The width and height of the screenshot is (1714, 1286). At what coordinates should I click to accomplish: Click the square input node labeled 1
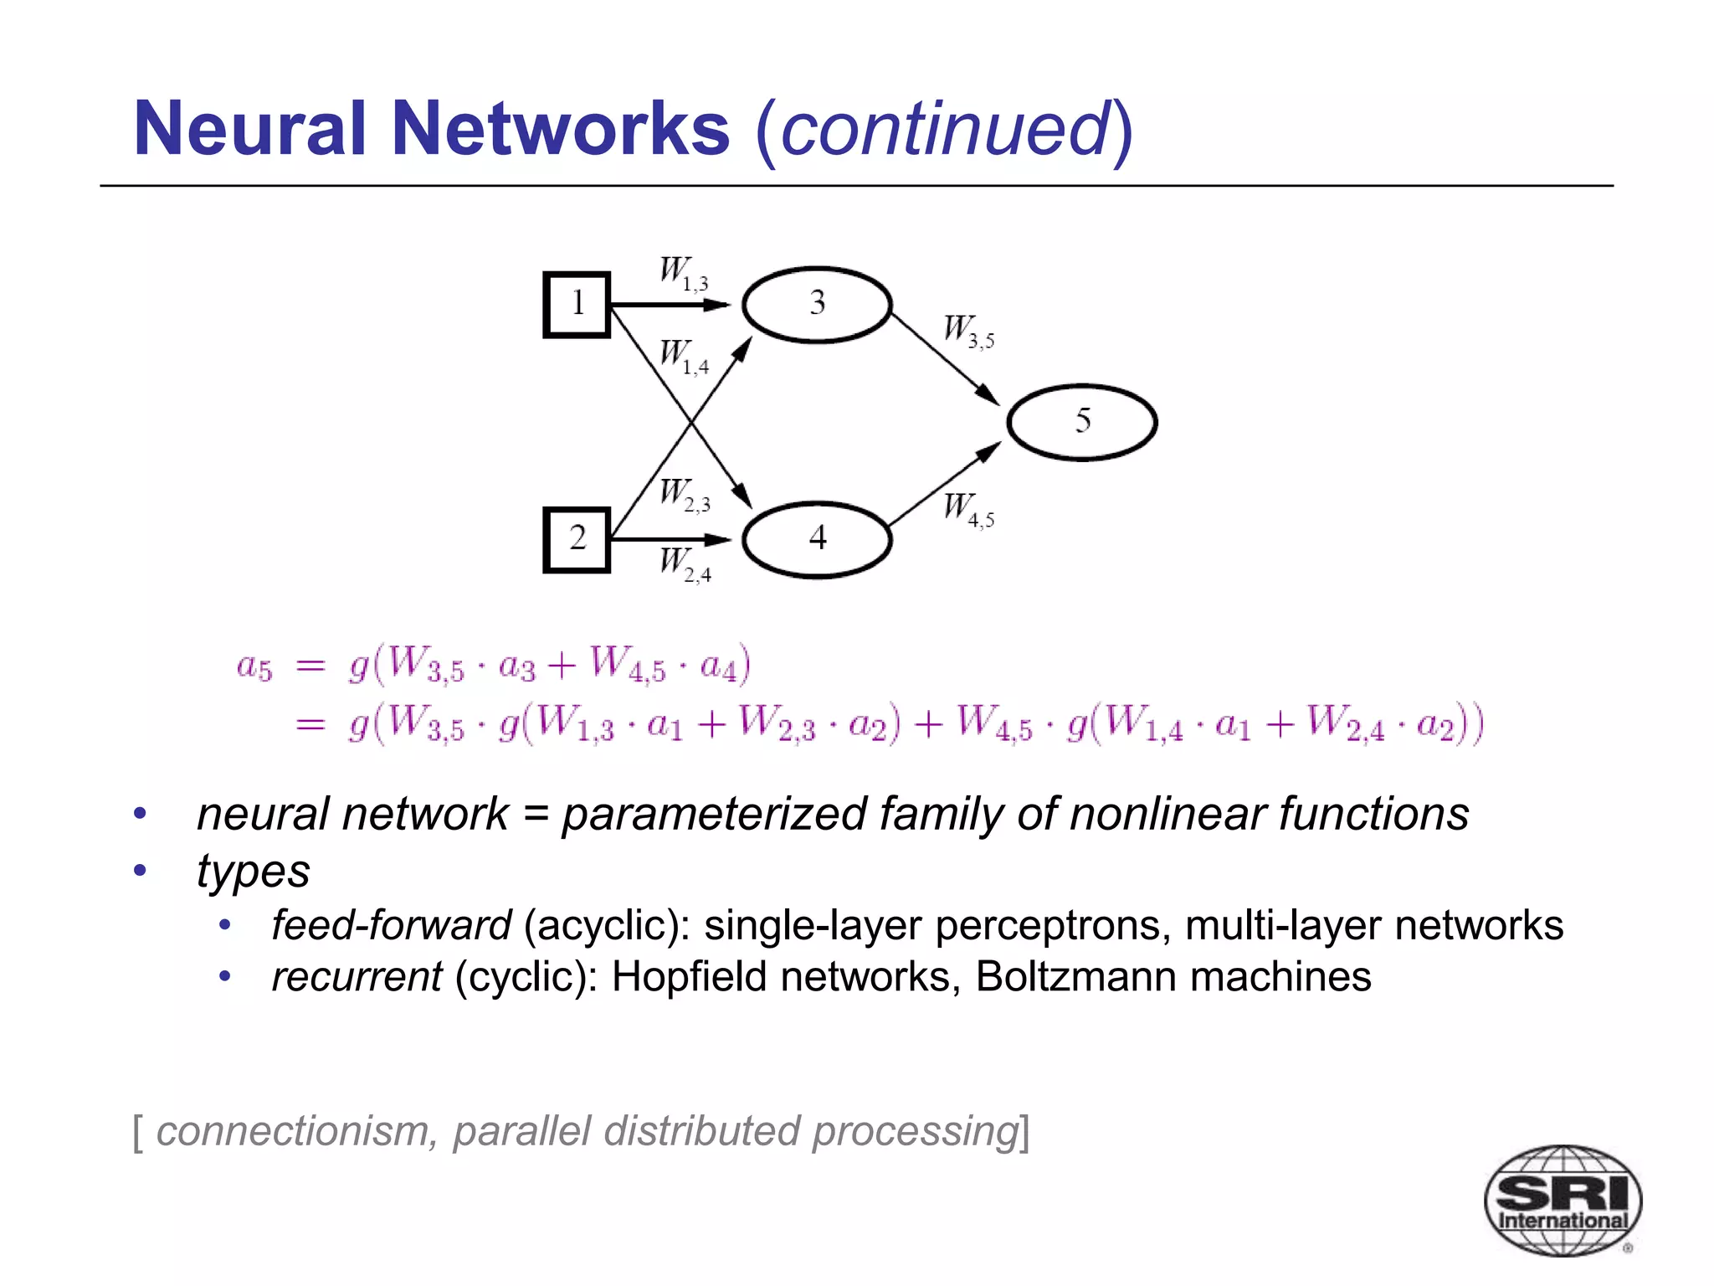point(577,305)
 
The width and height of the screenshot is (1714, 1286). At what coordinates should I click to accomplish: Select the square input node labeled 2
point(577,539)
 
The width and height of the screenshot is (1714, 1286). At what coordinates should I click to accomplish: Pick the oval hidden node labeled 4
point(817,539)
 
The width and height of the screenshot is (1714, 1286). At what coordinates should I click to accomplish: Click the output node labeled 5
point(1081,422)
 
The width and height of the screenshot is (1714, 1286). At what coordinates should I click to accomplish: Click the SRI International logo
point(1562,1201)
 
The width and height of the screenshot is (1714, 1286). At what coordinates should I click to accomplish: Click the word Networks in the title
point(560,129)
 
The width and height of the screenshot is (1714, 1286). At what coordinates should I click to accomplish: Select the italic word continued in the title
point(944,129)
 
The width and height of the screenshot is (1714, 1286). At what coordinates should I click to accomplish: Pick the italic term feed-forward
point(391,925)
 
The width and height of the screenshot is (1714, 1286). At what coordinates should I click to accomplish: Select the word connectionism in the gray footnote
point(292,1131)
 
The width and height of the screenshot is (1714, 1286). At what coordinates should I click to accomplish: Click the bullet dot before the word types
point(141,870)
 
